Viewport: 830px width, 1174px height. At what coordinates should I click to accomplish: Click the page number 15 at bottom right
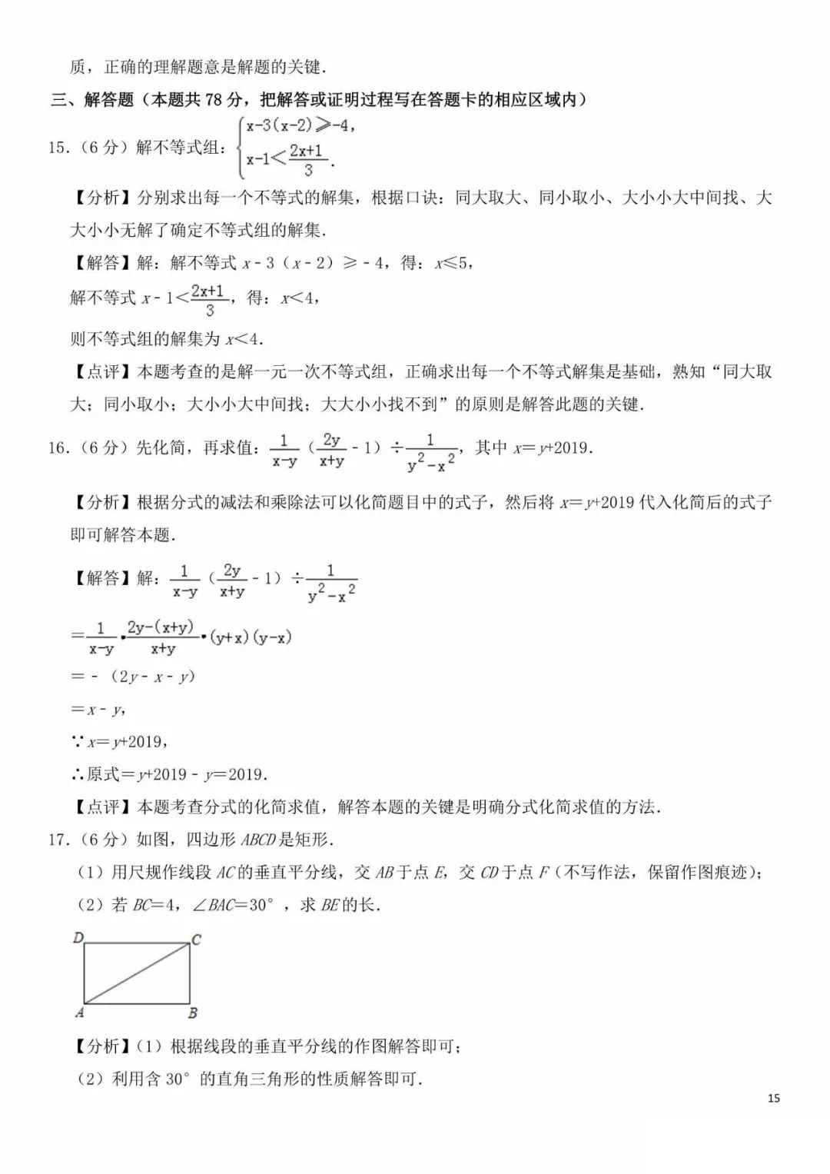[773, 1098]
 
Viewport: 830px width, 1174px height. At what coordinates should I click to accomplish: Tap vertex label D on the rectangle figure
[78, 937]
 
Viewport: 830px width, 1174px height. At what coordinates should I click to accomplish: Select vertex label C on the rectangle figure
[197, 940]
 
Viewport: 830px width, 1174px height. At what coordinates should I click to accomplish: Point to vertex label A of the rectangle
[79, 1013]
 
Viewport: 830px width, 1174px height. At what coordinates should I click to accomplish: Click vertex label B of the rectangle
[193, 1013]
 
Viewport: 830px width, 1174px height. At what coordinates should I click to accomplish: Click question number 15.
[58, 147]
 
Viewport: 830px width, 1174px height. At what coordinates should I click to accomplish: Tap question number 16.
[58, 447]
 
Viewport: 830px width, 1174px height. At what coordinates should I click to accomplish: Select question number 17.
[58, 839]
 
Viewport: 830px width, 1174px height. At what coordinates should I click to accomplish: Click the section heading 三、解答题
[92, 100]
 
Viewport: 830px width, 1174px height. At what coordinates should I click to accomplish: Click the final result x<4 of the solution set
[244, 338]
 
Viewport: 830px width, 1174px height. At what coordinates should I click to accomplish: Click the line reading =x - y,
[98, 710]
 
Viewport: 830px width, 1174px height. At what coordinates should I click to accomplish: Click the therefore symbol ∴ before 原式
[78, 774]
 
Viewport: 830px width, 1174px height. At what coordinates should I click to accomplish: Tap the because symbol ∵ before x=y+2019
[78, 742]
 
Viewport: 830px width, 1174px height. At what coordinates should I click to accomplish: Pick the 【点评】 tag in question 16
[102, 807]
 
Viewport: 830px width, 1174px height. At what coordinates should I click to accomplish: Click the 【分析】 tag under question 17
[102, 1046]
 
